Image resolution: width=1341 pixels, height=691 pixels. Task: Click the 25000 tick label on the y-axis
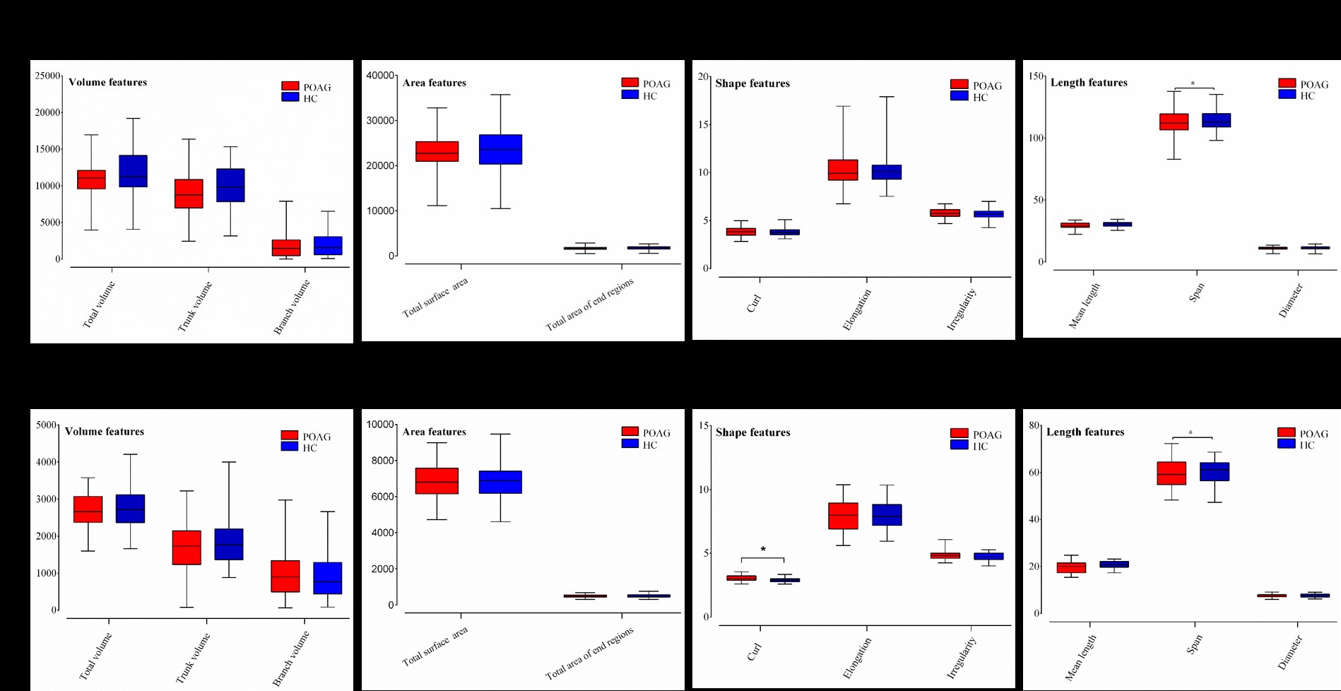click(x=47, y=76)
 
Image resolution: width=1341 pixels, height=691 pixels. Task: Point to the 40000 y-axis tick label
click(x=380, y=76)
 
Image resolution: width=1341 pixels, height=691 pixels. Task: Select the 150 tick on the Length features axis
click(x=1036, y=76)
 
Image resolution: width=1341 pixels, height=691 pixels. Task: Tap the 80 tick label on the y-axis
click(x=1034, y=425)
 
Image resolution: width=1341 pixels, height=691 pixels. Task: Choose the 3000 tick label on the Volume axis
click(x=47, y=499)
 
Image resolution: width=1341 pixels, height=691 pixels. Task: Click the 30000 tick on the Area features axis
click(x=380, y=121)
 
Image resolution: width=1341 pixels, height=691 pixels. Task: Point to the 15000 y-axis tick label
click(x=47, y=149)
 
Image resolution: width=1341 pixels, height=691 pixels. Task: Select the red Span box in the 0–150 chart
click(x=1174, y=122)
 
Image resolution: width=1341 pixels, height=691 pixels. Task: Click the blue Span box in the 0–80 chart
click(x=1215, y=472)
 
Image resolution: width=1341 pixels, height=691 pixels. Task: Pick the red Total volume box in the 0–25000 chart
click(x=91, y=179)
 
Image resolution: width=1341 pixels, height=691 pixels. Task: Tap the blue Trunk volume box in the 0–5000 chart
click(x=229, y=544)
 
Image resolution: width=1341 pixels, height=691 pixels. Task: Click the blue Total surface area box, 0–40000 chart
click(x=500, y=149)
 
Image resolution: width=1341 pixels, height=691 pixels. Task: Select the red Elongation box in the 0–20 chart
click(x=843, y=170)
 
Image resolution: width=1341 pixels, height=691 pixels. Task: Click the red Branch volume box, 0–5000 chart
click(x=285, y=576)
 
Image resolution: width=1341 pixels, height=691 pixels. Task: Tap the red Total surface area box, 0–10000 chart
click(x=437, y=480)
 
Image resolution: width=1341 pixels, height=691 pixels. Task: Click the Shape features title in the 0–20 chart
click(x=752, y=83)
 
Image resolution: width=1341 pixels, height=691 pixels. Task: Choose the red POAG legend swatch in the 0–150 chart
click(x=1287, y=83)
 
